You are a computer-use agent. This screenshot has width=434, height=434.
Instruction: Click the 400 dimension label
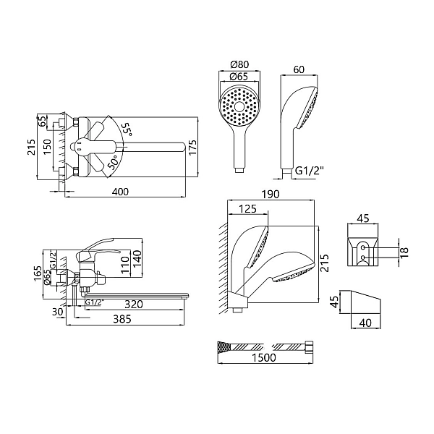tap(121, 192)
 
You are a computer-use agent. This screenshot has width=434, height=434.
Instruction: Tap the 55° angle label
tap(127, 129)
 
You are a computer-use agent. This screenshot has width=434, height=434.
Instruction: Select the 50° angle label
tap(113, 162)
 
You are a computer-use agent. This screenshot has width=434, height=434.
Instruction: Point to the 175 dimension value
tap(193, 147)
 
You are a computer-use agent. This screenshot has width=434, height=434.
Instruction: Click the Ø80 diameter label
tap(239, 64)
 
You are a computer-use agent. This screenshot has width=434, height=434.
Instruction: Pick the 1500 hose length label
tap(264, 357)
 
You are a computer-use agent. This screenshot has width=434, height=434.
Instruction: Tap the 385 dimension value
tap(122, 319)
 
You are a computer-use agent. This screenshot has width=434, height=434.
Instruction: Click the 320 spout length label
tap(134, 305)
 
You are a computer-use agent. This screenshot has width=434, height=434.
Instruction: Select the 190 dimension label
tap(271, 195)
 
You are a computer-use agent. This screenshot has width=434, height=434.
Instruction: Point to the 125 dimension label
tap(247, 208)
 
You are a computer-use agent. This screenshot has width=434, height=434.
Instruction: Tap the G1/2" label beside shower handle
tap(310, 171)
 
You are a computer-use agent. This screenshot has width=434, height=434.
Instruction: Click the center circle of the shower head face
tap(239, 106)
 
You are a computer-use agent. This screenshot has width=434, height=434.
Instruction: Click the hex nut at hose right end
tap(309, 346)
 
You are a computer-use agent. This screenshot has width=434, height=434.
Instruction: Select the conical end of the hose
tap(224, 346)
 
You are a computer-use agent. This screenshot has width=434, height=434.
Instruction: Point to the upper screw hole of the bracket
tap(363, 247)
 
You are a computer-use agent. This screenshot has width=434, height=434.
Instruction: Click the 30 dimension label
tap(58, 312)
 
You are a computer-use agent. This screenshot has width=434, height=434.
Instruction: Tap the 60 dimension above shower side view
tap(299, 69)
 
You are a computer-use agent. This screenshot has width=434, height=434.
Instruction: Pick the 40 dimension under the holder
tap(365, 323)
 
